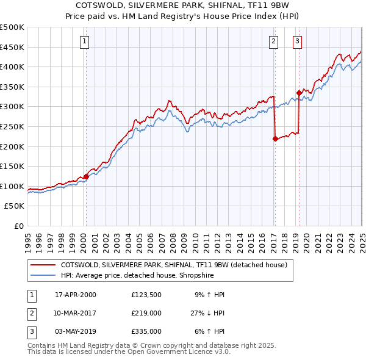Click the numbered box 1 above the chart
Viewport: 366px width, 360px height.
pos(84,41)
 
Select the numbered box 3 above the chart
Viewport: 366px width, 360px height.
pos(297,41)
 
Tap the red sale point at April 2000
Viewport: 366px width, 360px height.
pos(86,177)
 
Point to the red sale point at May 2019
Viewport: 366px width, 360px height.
pos(299,93)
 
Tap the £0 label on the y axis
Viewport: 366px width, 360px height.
pos(18,226)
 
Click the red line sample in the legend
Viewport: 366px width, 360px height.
pos(43,265)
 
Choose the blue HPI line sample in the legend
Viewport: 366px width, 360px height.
pos(43,275)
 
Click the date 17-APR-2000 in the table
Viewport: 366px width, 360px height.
pos(76,295)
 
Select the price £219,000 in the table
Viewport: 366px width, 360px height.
pos(146,313)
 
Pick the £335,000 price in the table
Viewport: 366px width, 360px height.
pos(146,331)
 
